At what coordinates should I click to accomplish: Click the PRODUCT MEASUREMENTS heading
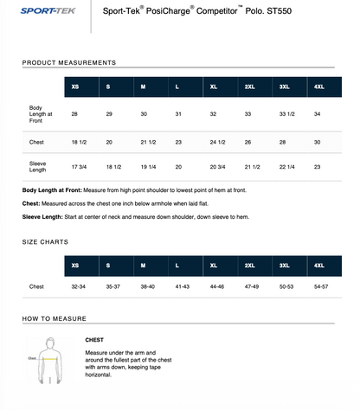coord(69,63)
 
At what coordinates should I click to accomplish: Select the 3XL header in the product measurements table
coord(284,86)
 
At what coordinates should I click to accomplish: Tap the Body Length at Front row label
coord(42,114)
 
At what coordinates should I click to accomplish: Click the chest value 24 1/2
coord(217,142)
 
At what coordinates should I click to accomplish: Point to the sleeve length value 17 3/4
coord(80,167)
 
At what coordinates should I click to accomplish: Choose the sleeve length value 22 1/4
coord(287,167)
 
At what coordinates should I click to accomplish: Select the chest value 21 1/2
coord(150,142)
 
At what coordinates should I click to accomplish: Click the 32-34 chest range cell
coord(79,286)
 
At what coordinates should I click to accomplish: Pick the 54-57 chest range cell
coord(321,286)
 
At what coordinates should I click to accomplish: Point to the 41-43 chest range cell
coord(183,286)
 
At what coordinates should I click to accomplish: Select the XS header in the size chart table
coord(75,266)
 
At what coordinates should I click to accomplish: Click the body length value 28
coord(74,114)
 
